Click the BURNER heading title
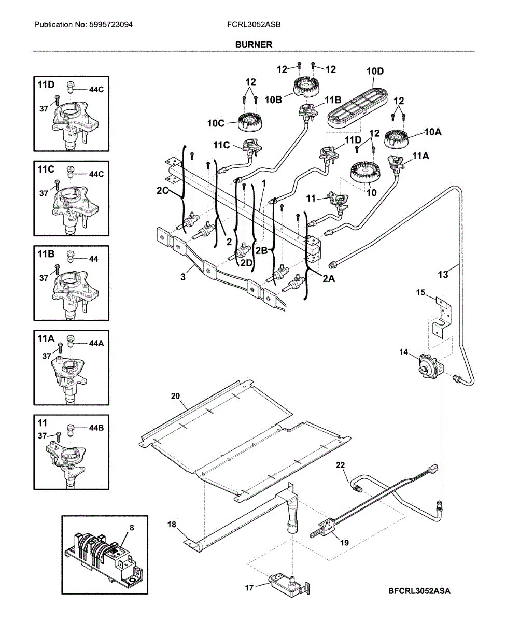pyautogui.click(x=254, y=45)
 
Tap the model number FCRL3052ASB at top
pyautogui.click(x=254, y=25)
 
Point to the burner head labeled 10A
pyautogui.click(x=396, y=138)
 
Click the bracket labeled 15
pyautogui.click(x=442, y=319)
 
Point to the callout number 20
pyautogui.click(x=175, y=396)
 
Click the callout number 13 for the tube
pyautogui.click(x=443, y=275)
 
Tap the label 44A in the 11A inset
pyautogui.click(x=96, y=344)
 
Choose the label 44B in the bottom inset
pyautogui.click(x=96, y=428)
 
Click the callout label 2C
pyautogui.click(x=163, y=190)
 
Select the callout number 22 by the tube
pyautogui.click(x=340, y=465)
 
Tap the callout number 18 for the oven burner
pyautogui.click(x=172, y=525)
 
